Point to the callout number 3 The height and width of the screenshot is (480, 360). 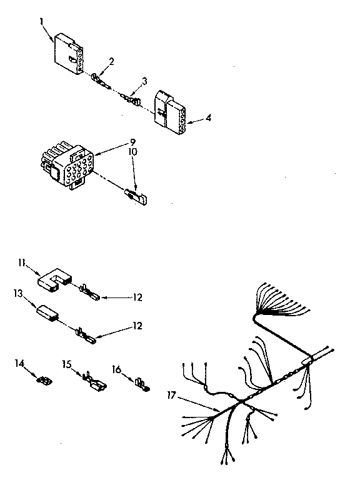(144, 81)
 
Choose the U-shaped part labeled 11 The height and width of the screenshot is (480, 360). (54, 280)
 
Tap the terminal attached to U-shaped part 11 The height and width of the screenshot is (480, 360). (89, 292)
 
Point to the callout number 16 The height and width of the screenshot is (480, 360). (117, 369)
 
